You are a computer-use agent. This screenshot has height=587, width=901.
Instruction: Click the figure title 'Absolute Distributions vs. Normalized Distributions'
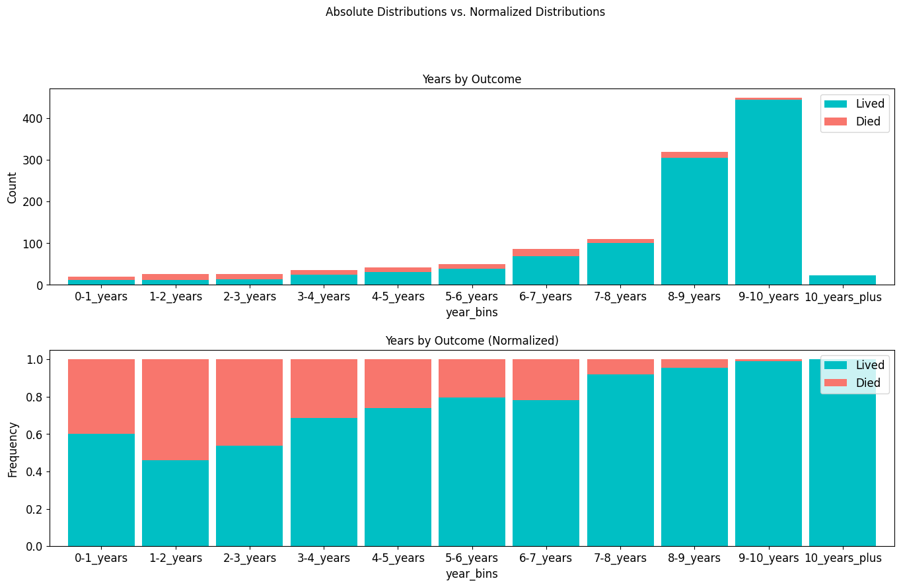[x=465, y=12]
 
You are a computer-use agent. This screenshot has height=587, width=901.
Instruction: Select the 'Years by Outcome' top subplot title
[x=472, y=79]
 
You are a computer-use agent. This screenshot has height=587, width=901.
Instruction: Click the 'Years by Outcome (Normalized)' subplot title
[x=472, y=341]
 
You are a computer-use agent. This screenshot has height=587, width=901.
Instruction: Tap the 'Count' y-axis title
[x=13, y=188]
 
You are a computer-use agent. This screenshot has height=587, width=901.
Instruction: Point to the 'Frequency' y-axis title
[x=13, y=449]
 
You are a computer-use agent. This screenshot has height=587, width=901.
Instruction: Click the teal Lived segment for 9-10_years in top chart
[x=768, y=191]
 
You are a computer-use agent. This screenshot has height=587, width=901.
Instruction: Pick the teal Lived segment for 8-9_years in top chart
[x=694, y=221]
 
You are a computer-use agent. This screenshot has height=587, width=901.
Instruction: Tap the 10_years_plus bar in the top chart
[x=842, y=280]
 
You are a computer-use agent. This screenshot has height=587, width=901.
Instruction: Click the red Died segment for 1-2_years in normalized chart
[x=175, y=409]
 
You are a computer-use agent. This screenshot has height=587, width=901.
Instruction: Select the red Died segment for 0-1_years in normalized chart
[x=101, y=396]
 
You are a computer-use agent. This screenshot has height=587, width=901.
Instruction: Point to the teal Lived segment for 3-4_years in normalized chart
[x=324, y=482]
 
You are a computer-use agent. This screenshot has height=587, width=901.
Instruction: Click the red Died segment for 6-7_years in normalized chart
[x=546, y=380]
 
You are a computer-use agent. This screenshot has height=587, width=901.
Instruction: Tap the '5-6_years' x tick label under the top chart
[x=472, y=297]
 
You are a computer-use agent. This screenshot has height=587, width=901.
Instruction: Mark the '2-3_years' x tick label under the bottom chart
[x=249, y=559]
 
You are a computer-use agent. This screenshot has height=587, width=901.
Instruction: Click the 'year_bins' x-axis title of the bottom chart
[x=472, y=574]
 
